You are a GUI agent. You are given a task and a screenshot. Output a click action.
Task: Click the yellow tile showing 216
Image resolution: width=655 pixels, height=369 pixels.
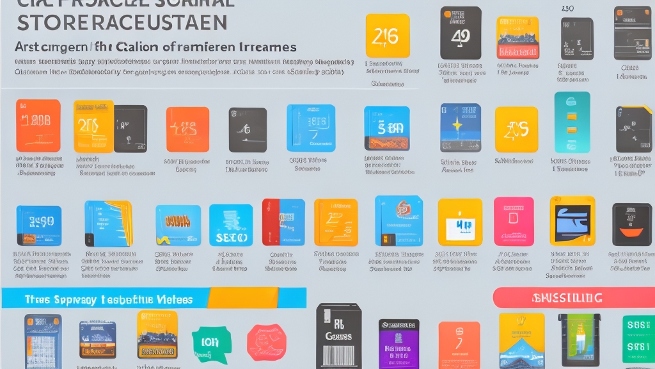pos(388,36)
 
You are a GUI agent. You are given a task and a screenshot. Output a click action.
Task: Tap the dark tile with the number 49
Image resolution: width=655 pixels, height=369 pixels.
pos(461,33)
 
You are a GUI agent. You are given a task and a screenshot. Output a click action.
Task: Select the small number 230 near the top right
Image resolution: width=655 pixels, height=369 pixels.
pos(567,9)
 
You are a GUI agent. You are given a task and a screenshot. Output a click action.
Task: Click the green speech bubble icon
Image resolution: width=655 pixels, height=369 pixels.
pos(211,343)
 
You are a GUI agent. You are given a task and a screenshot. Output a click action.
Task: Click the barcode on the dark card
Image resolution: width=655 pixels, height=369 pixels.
pos(339,355)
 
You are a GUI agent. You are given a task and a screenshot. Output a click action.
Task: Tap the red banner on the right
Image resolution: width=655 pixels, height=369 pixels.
pos(574,297)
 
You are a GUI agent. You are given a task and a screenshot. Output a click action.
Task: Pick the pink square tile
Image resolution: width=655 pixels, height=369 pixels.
pos(513,221)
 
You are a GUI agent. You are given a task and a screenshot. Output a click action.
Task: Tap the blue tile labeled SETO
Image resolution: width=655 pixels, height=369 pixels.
pos(231,225)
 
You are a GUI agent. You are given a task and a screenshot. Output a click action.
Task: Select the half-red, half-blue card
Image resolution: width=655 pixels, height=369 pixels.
pos(283,222)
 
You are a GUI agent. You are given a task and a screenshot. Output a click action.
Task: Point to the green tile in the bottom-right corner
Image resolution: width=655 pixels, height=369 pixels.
pos(638,338)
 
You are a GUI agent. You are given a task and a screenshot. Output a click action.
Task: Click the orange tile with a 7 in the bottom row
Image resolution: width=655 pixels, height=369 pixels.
pos(459,344)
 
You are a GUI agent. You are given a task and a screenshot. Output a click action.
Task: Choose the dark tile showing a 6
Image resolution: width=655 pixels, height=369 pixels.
pos(248,129)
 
